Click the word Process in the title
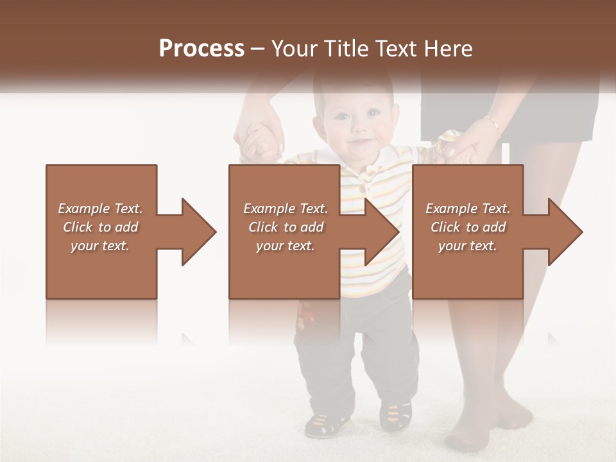coord(201,49)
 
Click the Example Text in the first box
coord(100,209)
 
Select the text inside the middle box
coord(285,227)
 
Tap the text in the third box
coord(467,227)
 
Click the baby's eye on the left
coord(340,117)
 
